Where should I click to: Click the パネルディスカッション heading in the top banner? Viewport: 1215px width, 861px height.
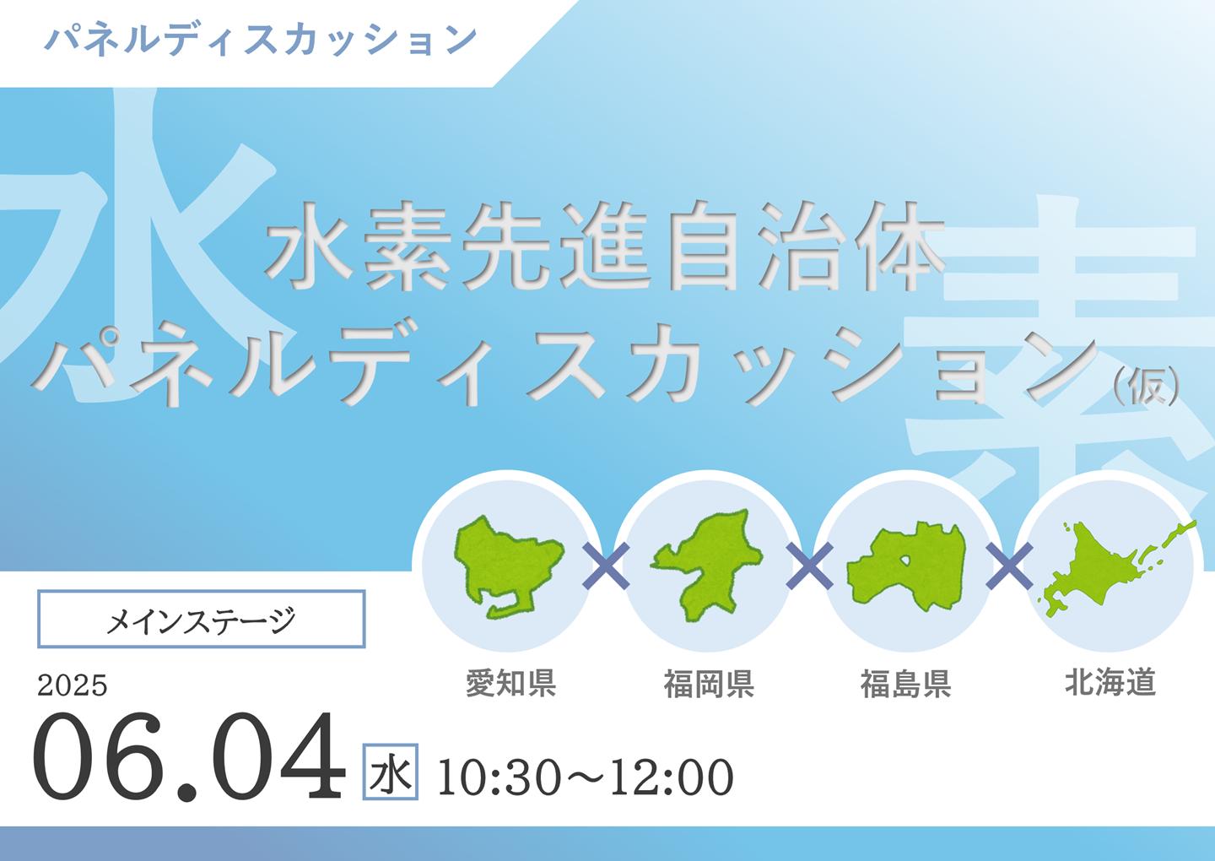click(x=261, y=40)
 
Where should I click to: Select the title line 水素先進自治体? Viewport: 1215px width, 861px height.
click(x=605, y=246)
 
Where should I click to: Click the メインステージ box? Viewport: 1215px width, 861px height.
click(x=201, y=619)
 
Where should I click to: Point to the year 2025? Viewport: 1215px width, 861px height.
click(x=73, y=685)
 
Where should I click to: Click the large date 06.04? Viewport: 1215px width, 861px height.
click(x=189, y=757)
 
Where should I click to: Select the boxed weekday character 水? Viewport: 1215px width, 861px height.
click(x=390, y=772)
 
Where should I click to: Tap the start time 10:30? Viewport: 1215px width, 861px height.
click(x=499, y=777)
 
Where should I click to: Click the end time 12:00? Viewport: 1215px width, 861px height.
click(x=672, y=777)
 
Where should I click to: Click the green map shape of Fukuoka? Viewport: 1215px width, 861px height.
click(x=705, y=564)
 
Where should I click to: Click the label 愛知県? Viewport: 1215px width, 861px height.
click(x=511, y=683)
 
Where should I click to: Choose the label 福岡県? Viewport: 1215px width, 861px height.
click(x=709, y=683)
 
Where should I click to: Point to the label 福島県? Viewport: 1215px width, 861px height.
click(x=906, y=683)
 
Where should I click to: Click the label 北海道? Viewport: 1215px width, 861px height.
click(x=1110, y=683)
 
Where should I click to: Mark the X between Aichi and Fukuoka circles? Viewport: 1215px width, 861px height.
click(x=606, y=566)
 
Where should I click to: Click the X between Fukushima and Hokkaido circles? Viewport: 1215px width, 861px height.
click(x=1009, y=566)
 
